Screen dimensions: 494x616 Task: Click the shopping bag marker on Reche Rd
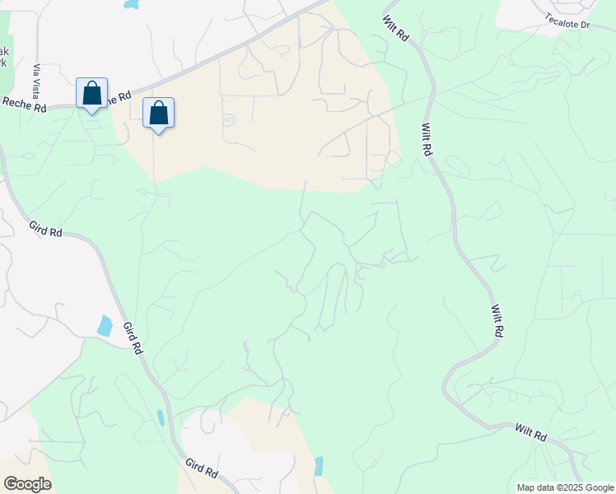click(91, 93)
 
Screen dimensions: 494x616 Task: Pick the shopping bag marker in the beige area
click(158, 114)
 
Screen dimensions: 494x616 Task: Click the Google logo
click(27, 483)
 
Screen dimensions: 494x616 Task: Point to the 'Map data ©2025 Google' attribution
click(564, 487)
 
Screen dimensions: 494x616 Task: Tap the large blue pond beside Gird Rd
click(105, 325)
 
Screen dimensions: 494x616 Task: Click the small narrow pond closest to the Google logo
click(161, 417)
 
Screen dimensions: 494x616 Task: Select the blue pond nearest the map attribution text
click(319, 466)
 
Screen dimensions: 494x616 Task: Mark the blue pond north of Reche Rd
click(131, 4)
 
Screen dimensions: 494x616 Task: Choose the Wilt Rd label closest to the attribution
click(530, 431)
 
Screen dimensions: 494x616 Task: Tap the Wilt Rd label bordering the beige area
click(426, 140)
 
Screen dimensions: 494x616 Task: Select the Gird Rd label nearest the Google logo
click(201, 468)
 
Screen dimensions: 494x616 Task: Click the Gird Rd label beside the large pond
click(133, 338)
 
